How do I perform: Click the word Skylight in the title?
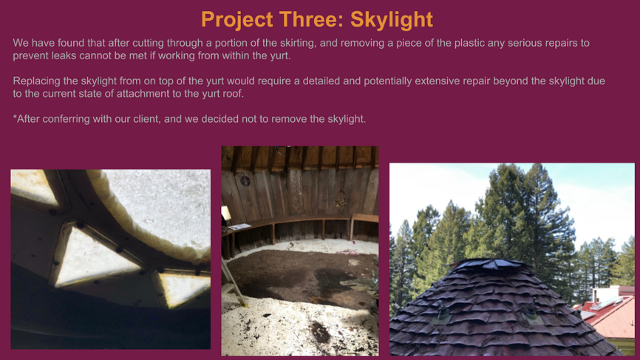click(x=392, y=20)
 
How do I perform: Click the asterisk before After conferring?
click(x=15, y=117)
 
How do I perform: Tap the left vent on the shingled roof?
click(x=443, y=313)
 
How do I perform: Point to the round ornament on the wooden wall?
click(x=245, y=181)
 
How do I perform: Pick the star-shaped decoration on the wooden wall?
click(x=340, y=201)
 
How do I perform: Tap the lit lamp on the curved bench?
click(x=225, y=214)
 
